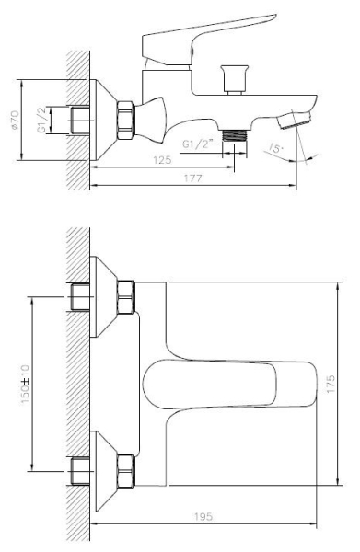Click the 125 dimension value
[x=162, y=160]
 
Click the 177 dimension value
[x=193, y=178]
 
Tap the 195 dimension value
[x=203, y=517]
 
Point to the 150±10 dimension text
[x=26, y=384]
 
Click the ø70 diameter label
[x=15, y=120]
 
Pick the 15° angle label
[x=275, y=148]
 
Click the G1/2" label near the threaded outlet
[x=198, y=144]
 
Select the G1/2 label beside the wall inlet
[x=42, y=121]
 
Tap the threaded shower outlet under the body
[x=234, y=136]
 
